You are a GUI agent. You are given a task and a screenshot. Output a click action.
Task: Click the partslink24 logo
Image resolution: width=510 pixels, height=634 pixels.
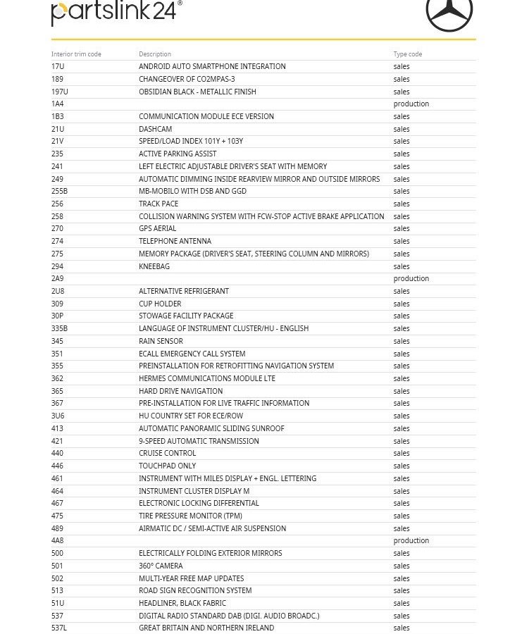click(x=116, y=13)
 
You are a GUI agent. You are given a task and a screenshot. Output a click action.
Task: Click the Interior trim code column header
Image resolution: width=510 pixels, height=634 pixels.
click(x=76, y=54)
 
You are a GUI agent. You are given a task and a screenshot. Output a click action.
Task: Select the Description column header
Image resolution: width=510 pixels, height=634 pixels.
click(x=155, y=54)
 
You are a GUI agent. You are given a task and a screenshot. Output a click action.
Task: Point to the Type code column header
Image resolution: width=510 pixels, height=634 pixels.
click(x=408, y=54)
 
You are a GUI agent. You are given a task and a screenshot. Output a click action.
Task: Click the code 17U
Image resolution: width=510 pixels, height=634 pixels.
click(x=58, y=66)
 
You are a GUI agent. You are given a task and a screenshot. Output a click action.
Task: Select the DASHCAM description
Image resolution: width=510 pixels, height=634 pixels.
click(x=155, y=129)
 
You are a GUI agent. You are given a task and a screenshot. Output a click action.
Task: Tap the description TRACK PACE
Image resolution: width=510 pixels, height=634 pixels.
click(x=158, y=204)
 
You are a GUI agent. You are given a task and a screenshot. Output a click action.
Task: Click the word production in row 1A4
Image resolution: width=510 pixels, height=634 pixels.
click(x=411, y=104)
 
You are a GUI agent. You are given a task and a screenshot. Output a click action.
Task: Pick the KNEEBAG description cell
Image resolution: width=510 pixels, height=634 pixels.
click(x=154, y=266)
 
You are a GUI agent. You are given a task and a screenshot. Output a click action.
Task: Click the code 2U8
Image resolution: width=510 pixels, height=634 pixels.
click(x=58, y=291)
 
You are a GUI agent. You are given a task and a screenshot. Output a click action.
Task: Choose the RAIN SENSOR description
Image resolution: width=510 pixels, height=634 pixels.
click(x=161, y=341)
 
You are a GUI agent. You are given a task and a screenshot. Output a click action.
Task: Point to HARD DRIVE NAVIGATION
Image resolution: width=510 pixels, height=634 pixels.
click(x=180, y=391)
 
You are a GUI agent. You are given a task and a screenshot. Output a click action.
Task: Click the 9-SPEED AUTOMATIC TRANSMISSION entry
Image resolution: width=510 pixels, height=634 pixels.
click(x=199, y=441)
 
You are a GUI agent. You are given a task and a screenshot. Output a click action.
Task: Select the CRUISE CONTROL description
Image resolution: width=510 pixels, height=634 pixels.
click(x=167, y=453)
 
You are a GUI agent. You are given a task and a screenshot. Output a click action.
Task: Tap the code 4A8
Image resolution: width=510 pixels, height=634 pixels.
click(x=58, y=540)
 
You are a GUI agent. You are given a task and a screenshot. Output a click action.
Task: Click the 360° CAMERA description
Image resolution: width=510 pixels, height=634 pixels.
click(x=161, y=566)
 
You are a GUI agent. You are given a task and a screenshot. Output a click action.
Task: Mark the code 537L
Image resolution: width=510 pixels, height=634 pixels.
click(x=59, y=628)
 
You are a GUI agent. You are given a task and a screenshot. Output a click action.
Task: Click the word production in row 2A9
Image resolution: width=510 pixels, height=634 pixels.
click(x=411, y=278)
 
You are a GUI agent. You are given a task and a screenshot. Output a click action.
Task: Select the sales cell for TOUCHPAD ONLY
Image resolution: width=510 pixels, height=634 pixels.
click(x=401, y=466)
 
